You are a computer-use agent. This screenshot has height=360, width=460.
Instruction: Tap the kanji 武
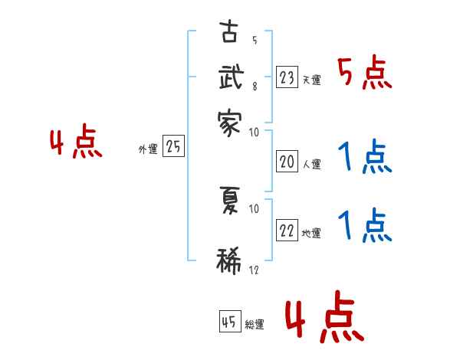pyautogui.click(x=230, y=79)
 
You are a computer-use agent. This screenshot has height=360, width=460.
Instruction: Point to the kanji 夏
pyautogui.click(x=229, y=201)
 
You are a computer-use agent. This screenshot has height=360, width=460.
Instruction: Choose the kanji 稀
pyautogui.click(x=229, y=261)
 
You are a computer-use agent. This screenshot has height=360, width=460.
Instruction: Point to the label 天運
pyautogui.click(x=311, y=80)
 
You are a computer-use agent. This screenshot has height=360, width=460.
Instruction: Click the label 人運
pyautogui.click(x=311, y=163)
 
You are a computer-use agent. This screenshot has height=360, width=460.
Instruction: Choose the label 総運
pyautogui.click(x=255, y=325)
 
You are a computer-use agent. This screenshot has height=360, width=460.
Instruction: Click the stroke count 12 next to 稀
pyautogui.click(x=254, y=270)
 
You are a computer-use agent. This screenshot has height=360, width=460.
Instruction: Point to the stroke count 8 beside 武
pyautogui.click(x=254, y=87)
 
